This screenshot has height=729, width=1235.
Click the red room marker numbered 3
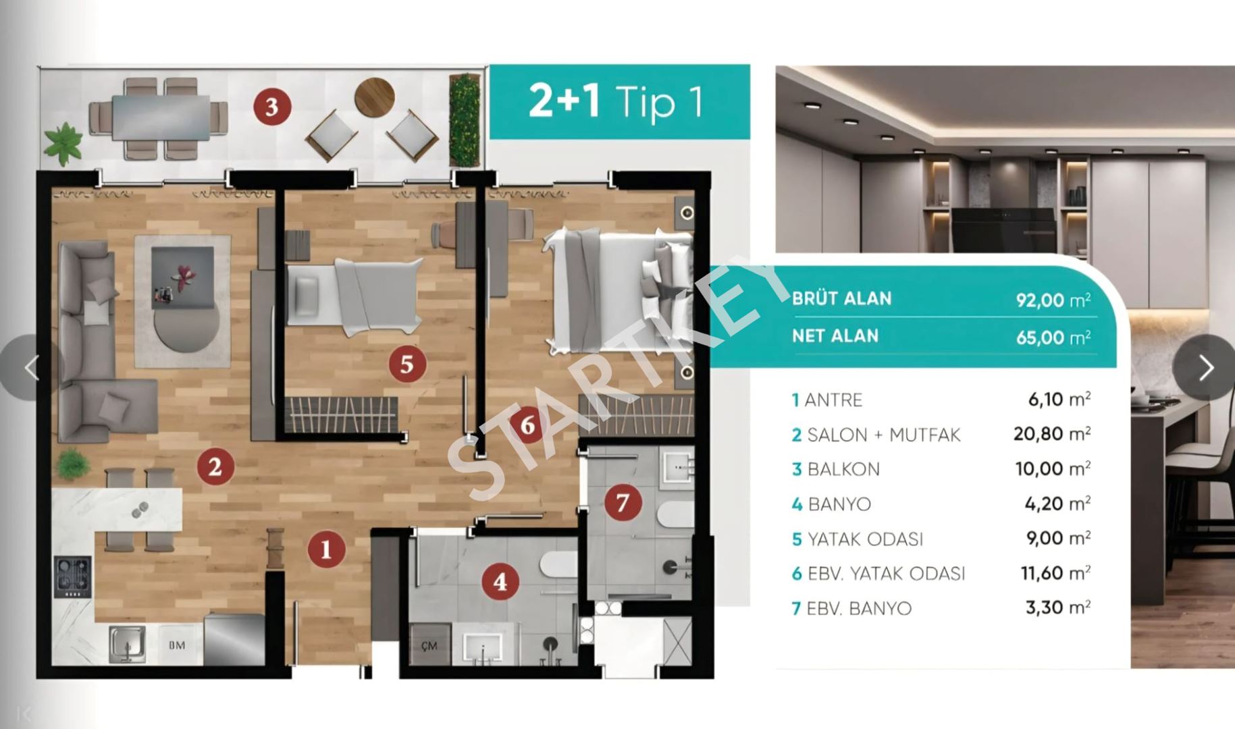point(272,107)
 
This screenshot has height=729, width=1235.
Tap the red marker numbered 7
point(623,502)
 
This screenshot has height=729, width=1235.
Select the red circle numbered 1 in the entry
point(327,549)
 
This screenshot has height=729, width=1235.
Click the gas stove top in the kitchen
point(73,576)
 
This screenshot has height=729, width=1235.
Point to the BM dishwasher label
point(177,645)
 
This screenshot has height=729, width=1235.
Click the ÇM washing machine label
point(429,646)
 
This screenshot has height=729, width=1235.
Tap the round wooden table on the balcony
point(375,97)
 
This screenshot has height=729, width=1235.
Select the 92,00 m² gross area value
point(1053,300)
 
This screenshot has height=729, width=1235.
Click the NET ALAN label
point(835,335)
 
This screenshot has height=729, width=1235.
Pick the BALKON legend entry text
point(843,469)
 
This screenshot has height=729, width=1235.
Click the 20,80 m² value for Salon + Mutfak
point(1052,433)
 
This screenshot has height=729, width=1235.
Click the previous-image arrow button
point(31,368)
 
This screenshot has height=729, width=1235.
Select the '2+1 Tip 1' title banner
point(619,102)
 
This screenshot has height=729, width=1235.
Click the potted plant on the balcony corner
point(63,143)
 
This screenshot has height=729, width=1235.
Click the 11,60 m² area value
point(1055,573)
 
